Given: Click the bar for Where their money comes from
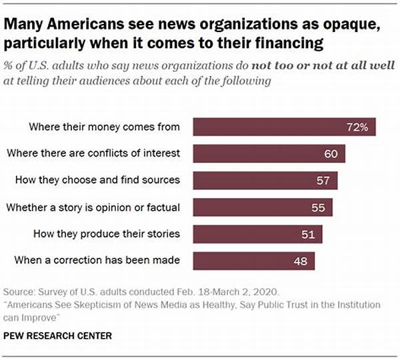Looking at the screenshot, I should (280, 127).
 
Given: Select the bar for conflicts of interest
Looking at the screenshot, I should (267, 154).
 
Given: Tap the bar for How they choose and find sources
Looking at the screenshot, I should (263, 181).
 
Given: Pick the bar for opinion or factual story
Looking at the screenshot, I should (260, 207).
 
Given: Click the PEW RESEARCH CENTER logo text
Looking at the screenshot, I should (59, 335).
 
